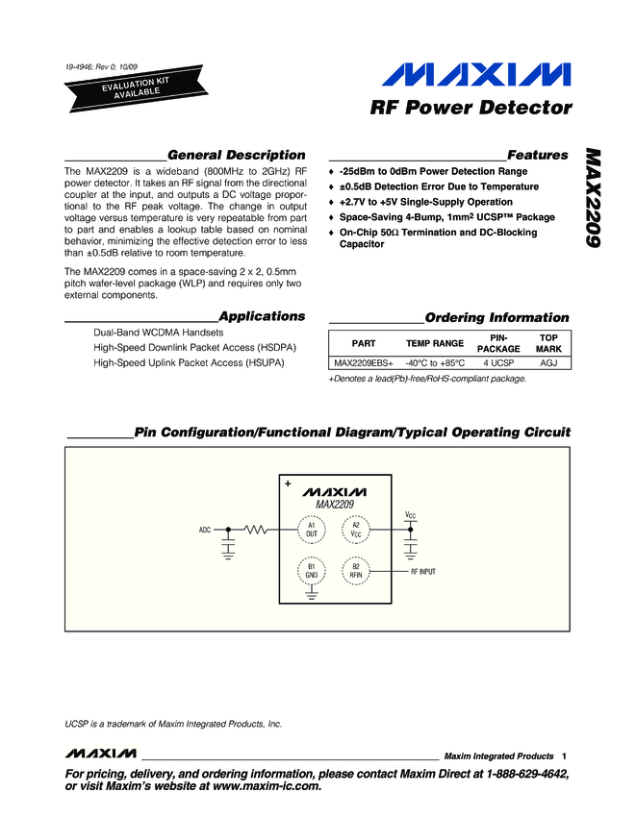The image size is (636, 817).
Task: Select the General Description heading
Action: [x=236, y=155]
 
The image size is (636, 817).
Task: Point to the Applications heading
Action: [x=262, y=315]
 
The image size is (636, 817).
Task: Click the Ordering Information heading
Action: [x=496, y=317]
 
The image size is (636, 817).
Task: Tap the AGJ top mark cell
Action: [x=548, y=363]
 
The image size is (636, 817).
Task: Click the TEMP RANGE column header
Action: [x=435, y=343]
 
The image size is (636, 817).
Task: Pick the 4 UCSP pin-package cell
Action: [x=498, y=363]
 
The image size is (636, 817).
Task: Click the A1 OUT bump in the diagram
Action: [x=312, y=530]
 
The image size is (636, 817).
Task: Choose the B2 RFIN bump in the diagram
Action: [x=355, y=571]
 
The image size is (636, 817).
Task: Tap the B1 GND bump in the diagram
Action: [x=312, y=571]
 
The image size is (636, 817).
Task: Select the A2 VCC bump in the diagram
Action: [x=355, y=530]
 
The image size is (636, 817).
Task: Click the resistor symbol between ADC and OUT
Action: [x=257, y=530]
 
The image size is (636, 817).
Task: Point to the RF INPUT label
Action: [x=423, y=572]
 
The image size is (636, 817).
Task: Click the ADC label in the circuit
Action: [x=205, y=530]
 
